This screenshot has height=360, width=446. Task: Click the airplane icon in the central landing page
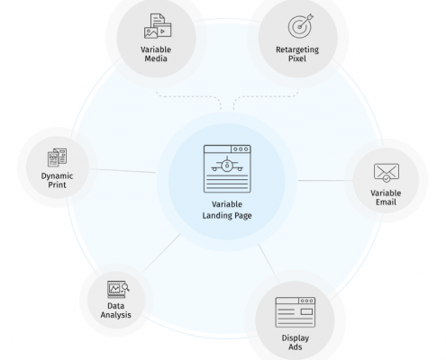[227, 165]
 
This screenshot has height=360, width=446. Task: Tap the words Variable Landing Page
[227, 210]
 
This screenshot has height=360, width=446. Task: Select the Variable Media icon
[158, 26]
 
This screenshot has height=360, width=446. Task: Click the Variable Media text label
[156, 54]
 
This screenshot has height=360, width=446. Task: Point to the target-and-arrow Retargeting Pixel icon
[301, 25]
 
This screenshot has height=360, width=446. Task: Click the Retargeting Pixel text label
[297, 54]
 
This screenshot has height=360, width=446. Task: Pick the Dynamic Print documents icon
[57, 157]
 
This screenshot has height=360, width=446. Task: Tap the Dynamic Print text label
[57, 180]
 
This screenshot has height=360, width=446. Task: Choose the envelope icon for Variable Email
[387, 173]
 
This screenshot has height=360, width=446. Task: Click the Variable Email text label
[386, 198]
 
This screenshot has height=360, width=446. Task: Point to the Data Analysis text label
[116, 310]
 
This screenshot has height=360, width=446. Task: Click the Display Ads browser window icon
[296, 312]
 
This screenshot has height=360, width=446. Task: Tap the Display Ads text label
[296, 343]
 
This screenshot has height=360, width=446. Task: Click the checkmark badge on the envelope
[387, 179]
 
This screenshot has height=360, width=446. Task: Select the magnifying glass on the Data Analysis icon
[125, 287]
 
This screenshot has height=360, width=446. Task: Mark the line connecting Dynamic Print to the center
[123, 171]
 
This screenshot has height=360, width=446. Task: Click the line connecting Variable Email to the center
[325, 181]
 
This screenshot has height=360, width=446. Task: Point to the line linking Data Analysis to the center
[161, 254]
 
